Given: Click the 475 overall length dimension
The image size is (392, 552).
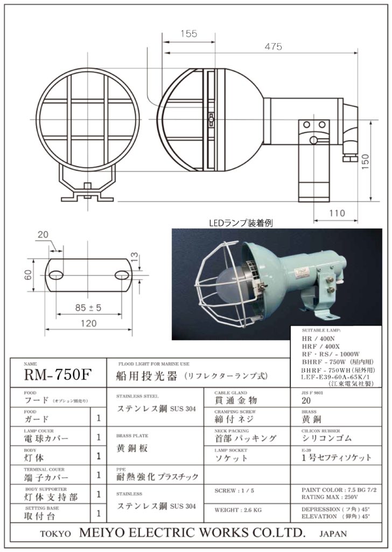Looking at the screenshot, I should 273,47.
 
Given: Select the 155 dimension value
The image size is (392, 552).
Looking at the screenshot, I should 188,34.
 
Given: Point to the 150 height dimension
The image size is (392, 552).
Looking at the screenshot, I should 381,160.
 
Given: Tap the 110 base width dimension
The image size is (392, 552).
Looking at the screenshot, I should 337,213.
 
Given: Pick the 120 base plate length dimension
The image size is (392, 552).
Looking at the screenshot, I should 88,323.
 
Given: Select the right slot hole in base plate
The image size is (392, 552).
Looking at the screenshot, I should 122,275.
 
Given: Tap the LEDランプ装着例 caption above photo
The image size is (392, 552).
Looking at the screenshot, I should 241,222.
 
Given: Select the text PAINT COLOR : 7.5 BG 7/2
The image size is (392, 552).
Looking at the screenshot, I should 339,490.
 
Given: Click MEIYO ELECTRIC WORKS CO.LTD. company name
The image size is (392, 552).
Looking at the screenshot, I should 192,533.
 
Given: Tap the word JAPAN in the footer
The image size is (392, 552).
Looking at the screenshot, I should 333,534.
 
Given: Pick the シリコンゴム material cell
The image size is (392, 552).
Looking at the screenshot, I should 327,439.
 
